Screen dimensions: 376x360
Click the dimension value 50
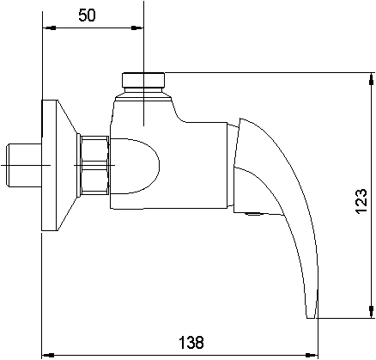tap(87, 15)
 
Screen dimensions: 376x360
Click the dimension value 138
tap(191, 342)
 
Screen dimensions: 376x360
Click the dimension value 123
tap(361, 201)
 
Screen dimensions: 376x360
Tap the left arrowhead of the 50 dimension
tap(49, 27)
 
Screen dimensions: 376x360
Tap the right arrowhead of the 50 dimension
tap(137, 27)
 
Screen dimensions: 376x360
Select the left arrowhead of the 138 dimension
tap(48, 355)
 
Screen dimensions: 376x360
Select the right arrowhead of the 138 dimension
tap(312, 355)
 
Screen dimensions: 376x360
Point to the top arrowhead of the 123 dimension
tap(372, 79)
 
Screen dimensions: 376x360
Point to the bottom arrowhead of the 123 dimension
tap(372, 312)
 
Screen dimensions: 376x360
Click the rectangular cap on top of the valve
tap(143, 80)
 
